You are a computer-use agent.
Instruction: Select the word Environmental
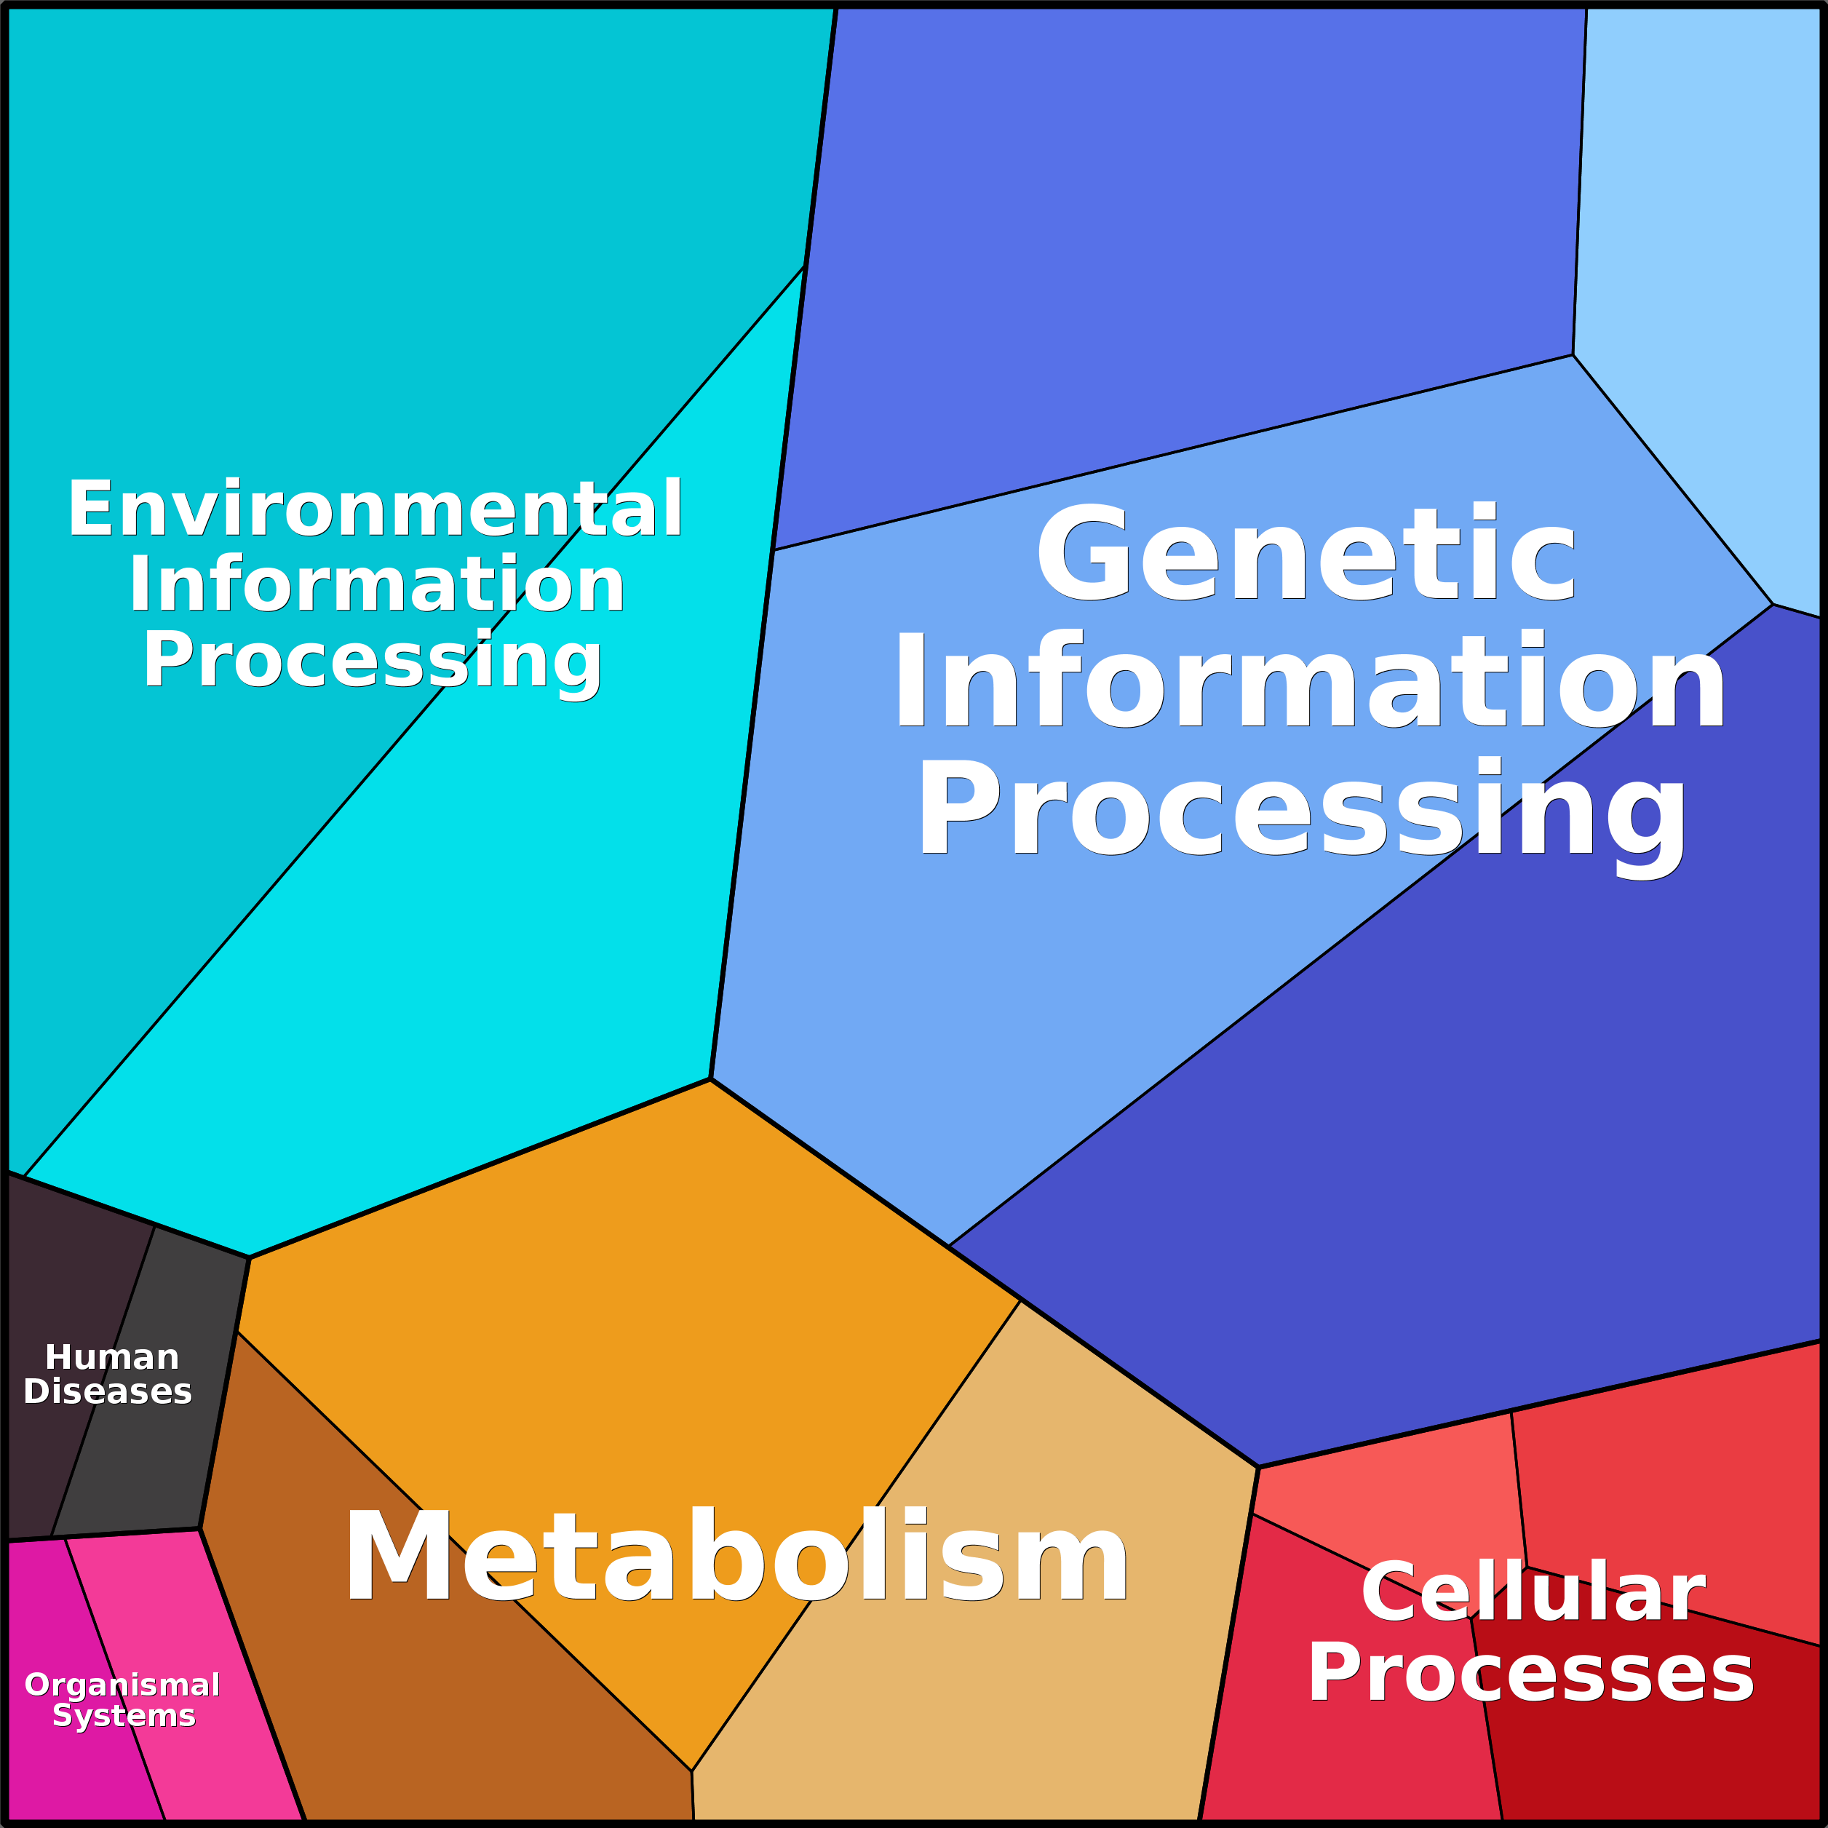(375, 509)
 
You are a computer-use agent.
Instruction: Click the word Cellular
(1533, 1592)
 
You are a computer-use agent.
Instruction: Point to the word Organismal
(122, 1685)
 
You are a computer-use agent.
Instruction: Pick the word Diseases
(108, 1392)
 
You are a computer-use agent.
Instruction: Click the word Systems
(124, 1715)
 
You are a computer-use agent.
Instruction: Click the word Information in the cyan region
(376, 585)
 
